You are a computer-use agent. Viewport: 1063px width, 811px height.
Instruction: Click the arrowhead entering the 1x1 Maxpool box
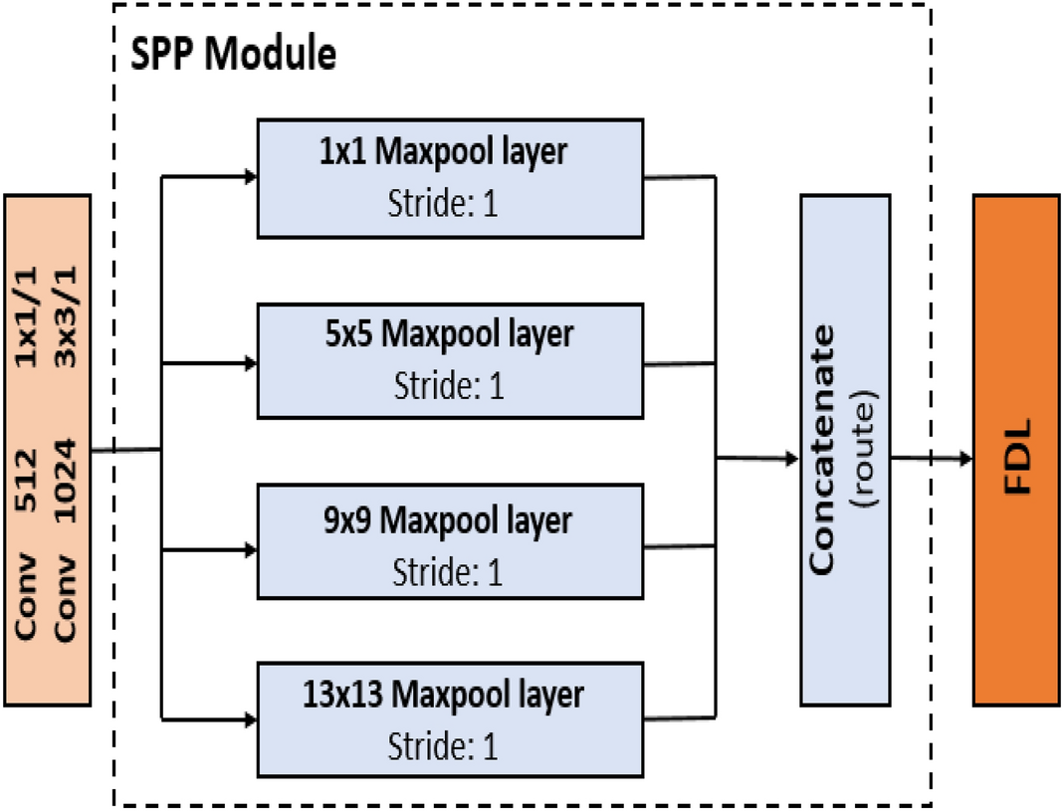point(249,177)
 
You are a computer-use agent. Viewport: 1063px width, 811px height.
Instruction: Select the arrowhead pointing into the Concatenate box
point(792,458)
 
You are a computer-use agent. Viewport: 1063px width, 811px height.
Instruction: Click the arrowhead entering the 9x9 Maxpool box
point(249,546)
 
